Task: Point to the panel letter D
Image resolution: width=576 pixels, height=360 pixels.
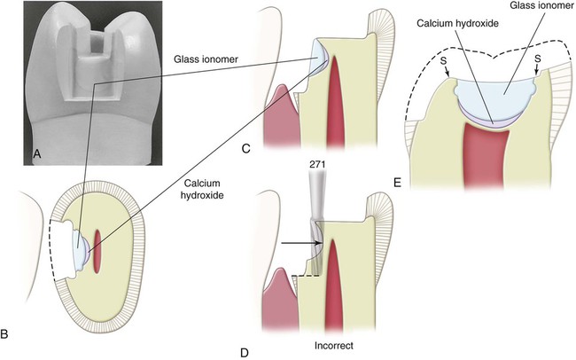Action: point(245,353)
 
